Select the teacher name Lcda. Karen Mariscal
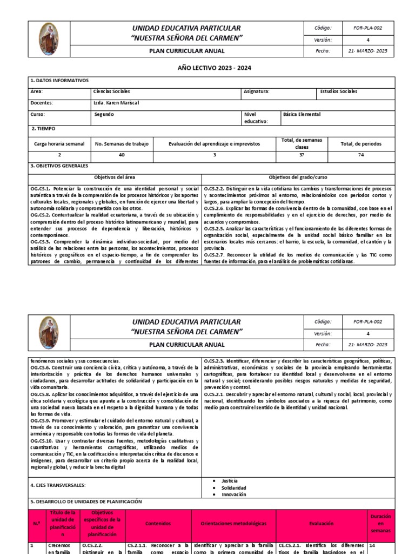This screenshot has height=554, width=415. click(x=117, y=103)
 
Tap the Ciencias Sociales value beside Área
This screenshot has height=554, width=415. click(x=111, y=91)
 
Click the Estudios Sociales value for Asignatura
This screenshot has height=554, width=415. click(x=339, y=91)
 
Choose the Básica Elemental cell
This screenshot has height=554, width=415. click(x=302, y=114)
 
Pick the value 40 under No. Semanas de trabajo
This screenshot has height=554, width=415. click(x=122, y=155)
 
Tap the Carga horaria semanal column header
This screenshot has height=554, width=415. click(x=59, y=143)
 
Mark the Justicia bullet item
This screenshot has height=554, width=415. click(x=229, y=480)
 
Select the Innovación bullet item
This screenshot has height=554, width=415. click(x=233, y=494)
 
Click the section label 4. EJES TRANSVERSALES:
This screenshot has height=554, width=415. click(x=58, y=485)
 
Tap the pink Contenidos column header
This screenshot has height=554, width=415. click(x=158, y=523)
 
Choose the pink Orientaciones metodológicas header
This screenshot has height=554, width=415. click(x=233, y=523)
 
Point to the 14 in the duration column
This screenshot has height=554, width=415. click(x=372, y=546)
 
